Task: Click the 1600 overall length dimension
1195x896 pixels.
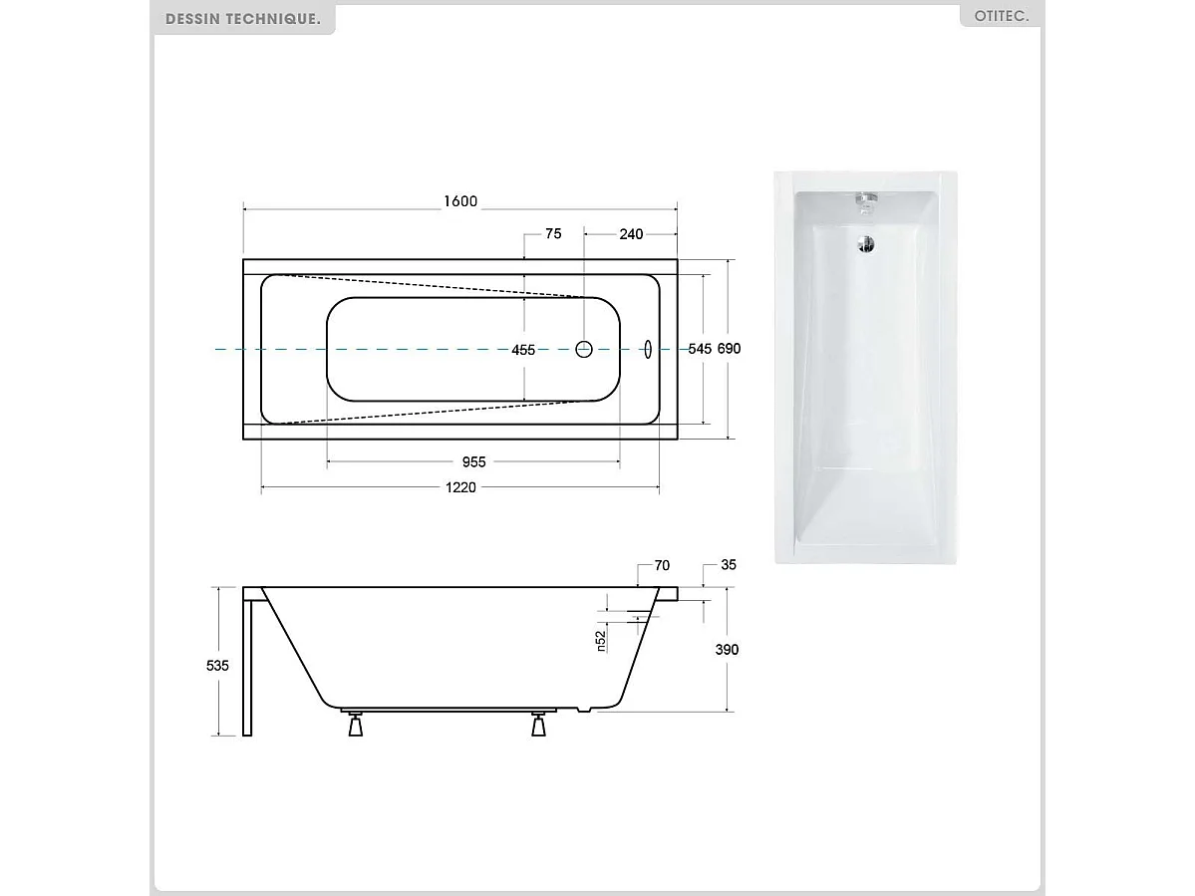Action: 460,201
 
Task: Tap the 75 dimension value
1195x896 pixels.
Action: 553,234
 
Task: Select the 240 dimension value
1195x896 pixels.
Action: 631,234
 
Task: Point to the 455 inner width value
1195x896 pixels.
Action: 523,350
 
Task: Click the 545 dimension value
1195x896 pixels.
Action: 701,349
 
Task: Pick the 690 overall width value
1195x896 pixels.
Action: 730,349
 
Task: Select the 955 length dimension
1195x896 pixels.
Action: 473,462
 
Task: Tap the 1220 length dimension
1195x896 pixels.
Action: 460,487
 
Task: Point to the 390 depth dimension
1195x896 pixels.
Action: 728,649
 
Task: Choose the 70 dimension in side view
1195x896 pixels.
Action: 662,565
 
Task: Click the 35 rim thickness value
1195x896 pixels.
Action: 728,565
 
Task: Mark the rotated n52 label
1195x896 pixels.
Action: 601,641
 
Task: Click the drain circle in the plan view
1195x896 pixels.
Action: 585,349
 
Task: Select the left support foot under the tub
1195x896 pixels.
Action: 355,726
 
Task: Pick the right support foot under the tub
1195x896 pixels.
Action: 539,726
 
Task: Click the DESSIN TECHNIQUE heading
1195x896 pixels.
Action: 243,19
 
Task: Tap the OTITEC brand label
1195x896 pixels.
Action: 1000,17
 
